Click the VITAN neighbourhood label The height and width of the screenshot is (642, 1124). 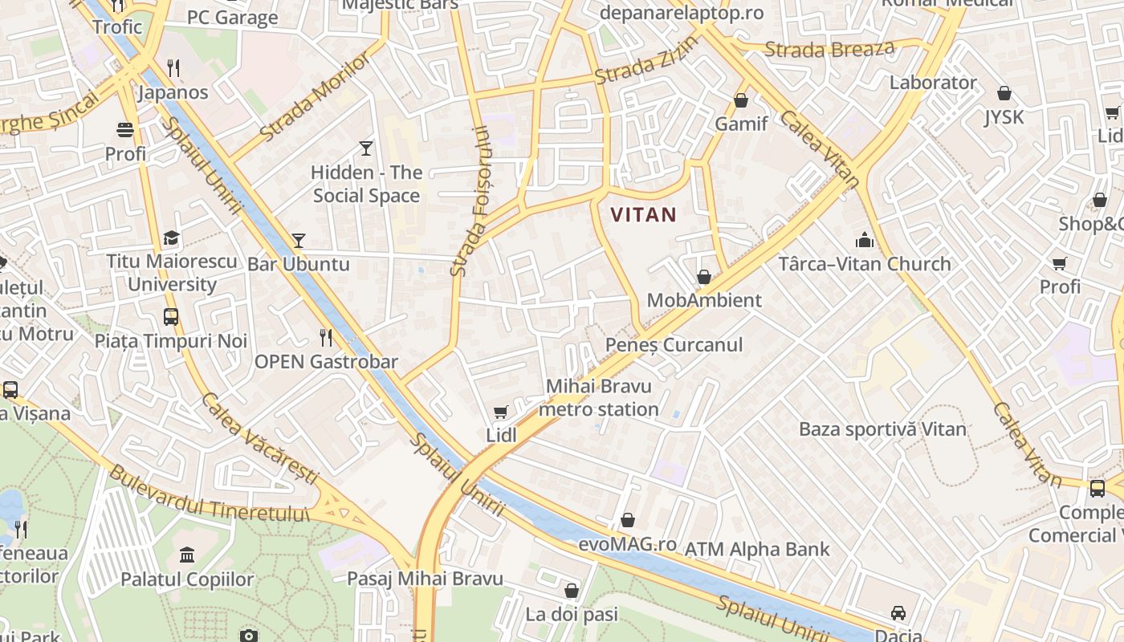(x=643, y=215)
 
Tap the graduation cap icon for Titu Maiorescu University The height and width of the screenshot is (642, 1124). (x=171, y=238)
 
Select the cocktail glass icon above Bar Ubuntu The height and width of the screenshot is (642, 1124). (x=299, y=240)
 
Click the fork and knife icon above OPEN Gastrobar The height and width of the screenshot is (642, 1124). (x=325, y=337)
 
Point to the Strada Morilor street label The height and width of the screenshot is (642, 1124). (x=316, y=97)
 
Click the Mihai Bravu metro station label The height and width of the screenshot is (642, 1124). (x=598, y=398)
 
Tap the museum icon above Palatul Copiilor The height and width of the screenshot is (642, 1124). (x=187, y=555)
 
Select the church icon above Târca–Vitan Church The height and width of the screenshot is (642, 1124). (x=864, y=240)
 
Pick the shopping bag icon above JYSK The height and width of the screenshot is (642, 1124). (x=1004, y=93)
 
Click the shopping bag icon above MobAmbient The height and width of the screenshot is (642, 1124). (x=704, y=277)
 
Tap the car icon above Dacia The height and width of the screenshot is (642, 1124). (x=898, y=612)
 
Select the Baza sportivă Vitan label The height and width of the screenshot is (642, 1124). (x=882, y=429)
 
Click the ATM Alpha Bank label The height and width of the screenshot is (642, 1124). (x=756, y=550)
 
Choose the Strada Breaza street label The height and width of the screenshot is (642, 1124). (x=829, y=49)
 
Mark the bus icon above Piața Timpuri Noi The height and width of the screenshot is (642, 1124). (x=171, y=317)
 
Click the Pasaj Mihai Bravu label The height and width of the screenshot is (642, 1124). (x=425, y=579)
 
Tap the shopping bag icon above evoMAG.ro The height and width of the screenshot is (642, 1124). (x=628, y=520)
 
